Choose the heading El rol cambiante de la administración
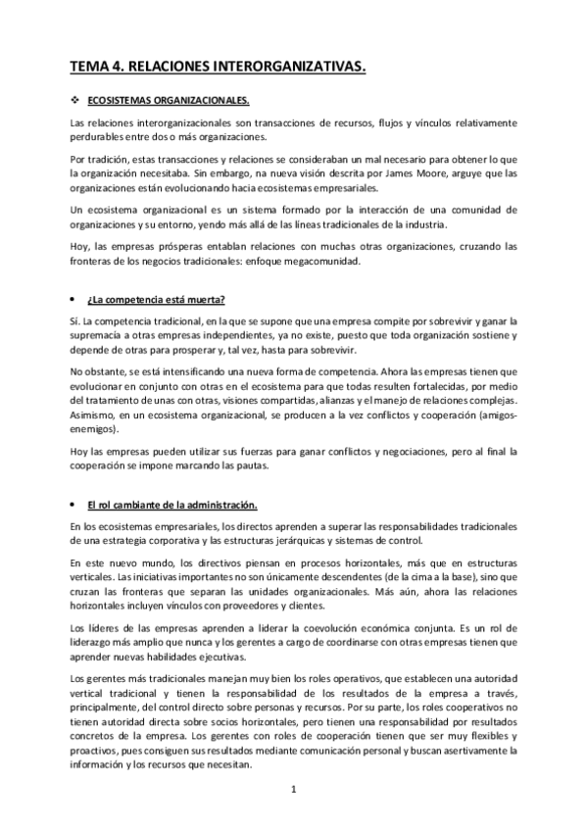point(171,505)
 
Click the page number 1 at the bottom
point(293,788)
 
